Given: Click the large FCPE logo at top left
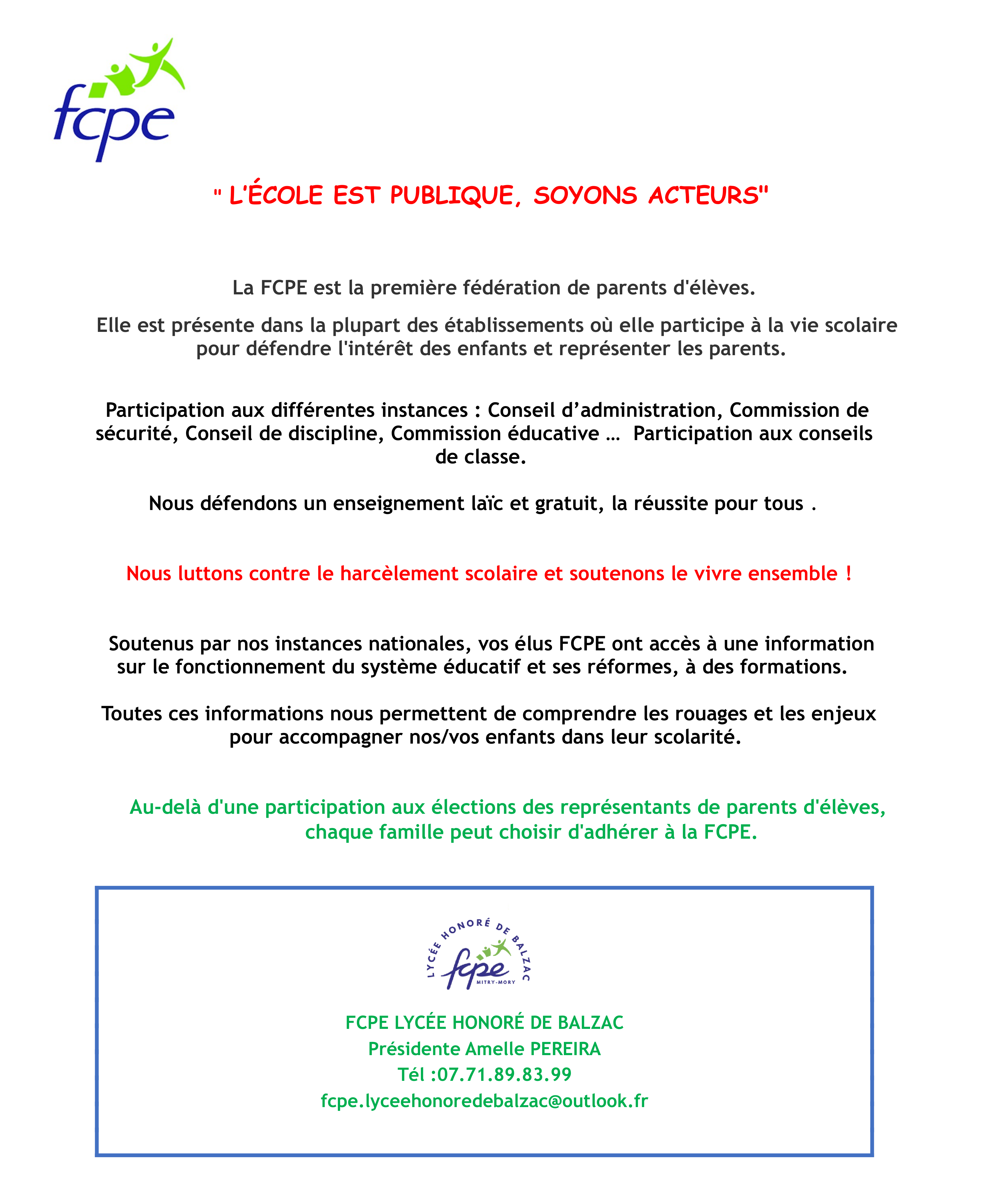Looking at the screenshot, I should (119, 100).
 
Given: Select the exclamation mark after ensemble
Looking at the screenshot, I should (848, 574).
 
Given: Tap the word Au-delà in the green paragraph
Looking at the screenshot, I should (165, 808).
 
